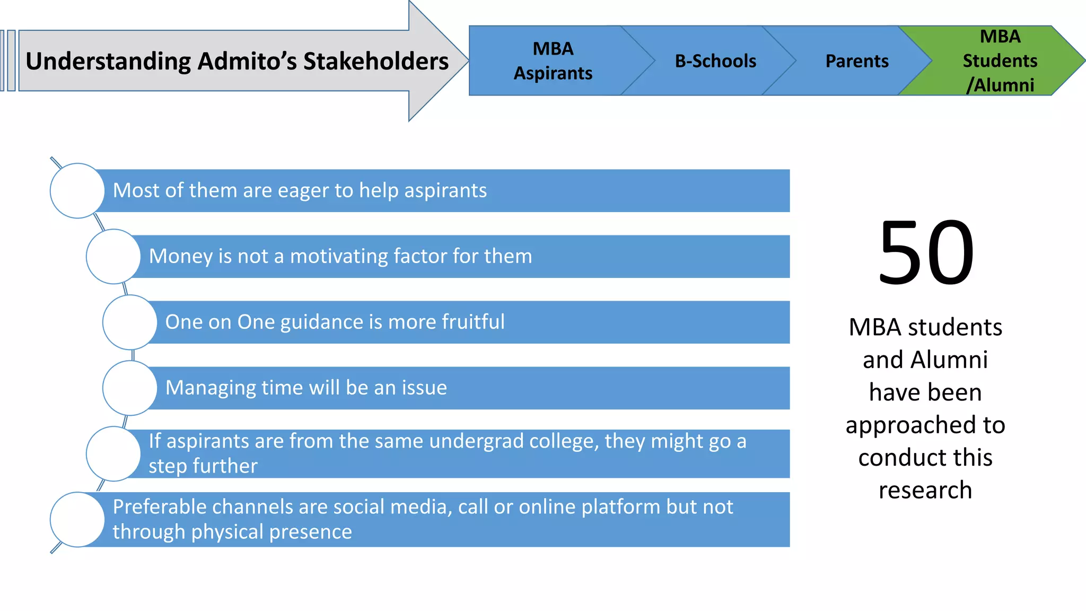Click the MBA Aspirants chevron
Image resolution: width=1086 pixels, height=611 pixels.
pyautogui.click(x=553, y=60)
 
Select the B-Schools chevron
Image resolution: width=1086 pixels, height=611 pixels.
pyautogui.click(x=715, y=61)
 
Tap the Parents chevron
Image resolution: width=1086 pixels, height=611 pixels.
pyautogui.click(x=857, y=61)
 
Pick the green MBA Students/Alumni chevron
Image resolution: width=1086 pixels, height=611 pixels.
pyautogui.click(x=1000, y=60)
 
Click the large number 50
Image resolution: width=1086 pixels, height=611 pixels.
pyautogui.click(x=925, y=253)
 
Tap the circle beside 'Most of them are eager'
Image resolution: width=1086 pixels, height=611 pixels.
pyautogui.click(x=77, y=190)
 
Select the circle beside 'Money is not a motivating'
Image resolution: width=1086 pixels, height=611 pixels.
pyautogui.click(x=113, y=256)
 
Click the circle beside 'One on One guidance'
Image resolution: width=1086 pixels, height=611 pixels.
pyautogui.click(x=129, y=322)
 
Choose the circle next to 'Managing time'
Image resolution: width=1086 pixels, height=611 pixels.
pyautogui.click(x=129, y=388)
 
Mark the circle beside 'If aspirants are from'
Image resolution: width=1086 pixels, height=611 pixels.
pyautogui.click(x=113, y=453)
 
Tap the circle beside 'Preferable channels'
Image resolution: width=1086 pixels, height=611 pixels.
pyautogui.click(x=77, y=519)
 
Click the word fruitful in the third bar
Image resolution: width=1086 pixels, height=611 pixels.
pyautogui.click(x=473, y=322)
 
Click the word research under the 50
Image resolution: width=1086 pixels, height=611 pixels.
pyautogui.click(x=925, y=490)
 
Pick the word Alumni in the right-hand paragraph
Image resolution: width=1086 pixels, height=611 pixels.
pyautogui.click(x=949, y=360)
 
